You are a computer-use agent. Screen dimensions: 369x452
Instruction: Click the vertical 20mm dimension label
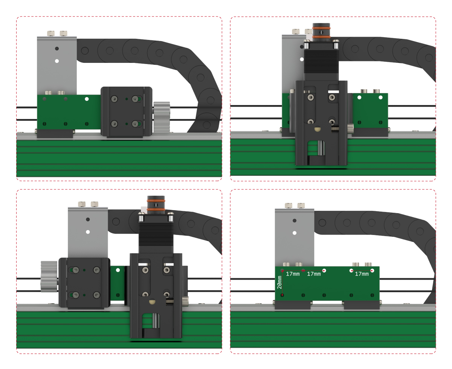[x=279, y=282]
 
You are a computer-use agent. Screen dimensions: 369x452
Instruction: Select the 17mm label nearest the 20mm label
[x=293, y=274]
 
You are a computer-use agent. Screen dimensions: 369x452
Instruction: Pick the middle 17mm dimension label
[x=314, y=274]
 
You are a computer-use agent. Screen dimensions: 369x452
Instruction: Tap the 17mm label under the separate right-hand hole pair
[x=362, y=274]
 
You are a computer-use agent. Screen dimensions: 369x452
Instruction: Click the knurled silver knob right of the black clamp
[x=162, y=117]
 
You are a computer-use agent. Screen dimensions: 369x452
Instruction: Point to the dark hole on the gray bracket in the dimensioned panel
[x=295, y=220]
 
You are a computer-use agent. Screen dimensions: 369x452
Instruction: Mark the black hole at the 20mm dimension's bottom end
[x=283, y=295]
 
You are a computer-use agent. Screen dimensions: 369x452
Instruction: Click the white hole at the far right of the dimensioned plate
[x=372, y=271]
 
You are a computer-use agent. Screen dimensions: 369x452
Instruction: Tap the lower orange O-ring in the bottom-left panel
[x=156, y=207]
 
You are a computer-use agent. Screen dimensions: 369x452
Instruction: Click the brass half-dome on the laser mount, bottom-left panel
[x=152, y=302]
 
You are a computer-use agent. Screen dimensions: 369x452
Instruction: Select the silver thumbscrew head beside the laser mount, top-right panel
[x=351, y=128]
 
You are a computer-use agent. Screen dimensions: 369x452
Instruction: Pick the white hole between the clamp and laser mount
[x=118, y=270]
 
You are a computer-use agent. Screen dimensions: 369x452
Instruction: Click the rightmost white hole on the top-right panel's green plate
[x=380, y=98]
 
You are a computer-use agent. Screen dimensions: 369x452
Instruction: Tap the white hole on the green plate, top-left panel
[x=87, y=99]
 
